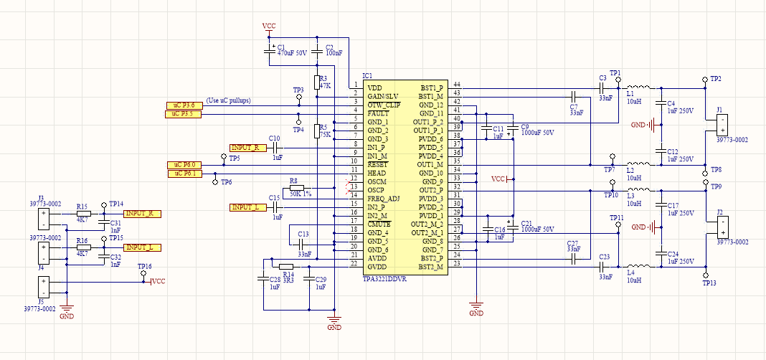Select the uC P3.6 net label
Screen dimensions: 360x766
pos(184,105)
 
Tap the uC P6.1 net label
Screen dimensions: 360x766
pos(184,174)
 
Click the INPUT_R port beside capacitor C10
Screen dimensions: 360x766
pos(247,147)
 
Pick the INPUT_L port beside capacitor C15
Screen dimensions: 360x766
pos(247,207)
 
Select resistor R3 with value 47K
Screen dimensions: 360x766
pos(316,82)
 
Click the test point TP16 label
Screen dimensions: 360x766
pos(144,266)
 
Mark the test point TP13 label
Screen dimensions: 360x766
pos(709,283)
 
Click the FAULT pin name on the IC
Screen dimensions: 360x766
pos(378,113)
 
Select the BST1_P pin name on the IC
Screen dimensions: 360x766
pos(432,87)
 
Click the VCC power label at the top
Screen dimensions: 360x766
pos(269,26)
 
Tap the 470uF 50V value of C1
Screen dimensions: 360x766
pos(292,53)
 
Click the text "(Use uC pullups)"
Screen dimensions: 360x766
pos(228,100)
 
